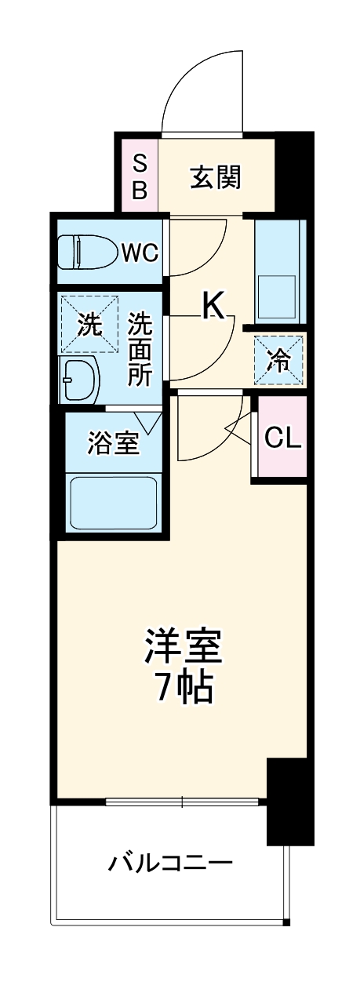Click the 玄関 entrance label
point(215,177)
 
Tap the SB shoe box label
point(139,176)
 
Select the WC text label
point(140,253)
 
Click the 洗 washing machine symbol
point(89,322)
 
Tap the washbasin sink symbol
point(79,381)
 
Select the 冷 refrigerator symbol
point(278,360)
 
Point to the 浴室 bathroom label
point(113,444)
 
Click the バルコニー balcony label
point(170,864)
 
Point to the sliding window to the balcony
point(182,802)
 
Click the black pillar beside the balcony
point(288,799)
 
